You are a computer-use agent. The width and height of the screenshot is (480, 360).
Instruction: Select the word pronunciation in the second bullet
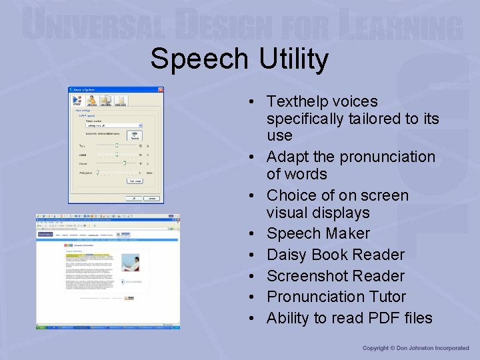point(387,157)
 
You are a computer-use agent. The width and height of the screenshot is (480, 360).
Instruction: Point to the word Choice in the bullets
point(291,195)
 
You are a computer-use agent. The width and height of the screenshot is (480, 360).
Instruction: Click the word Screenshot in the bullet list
point(305,276)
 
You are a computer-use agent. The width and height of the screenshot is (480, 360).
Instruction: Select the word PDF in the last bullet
point(364,318)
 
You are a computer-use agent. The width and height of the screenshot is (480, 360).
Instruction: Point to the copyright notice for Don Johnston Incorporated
point(416,348)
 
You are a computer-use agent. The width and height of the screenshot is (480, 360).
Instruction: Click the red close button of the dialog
point(160,90)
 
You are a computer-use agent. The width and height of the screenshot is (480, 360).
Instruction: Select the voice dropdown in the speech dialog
point(111,125)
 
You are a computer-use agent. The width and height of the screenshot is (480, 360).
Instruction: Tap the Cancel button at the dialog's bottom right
point(152,198)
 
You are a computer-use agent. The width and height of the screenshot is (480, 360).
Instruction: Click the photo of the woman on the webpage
point(131,262)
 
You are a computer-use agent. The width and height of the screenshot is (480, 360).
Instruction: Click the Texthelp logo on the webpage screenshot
point(45,235)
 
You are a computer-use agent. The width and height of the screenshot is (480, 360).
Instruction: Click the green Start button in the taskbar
point(42,328)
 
